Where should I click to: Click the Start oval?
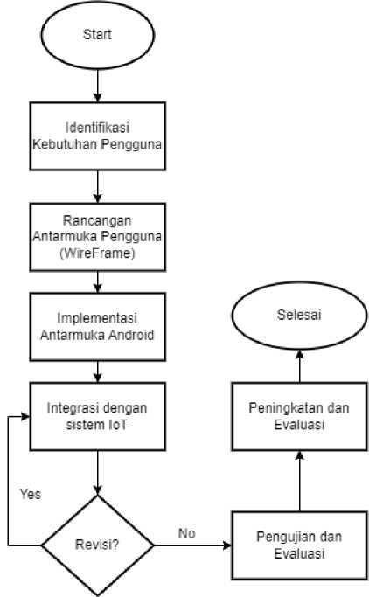(97, 35)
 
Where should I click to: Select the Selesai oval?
(299, 316)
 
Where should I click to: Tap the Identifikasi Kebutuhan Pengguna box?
(97, 136)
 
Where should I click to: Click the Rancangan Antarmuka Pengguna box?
(97, 237)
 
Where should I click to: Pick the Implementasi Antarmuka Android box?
(97, 327)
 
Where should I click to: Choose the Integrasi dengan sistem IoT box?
(97, 417)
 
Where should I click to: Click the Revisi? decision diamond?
(97, 545)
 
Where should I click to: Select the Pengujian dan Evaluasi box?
(299, 545)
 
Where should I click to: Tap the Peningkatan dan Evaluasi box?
(299, 417)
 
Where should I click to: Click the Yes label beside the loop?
(31, 494)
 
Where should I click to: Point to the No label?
(186, 533)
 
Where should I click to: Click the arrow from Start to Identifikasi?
(97, 86)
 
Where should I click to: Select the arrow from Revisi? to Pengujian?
(192, 545)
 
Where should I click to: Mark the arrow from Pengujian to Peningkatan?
(300, 482)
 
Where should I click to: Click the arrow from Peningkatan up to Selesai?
(300, 366)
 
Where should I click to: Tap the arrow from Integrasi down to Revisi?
(97, 473)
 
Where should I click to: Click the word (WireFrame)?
(97, 253)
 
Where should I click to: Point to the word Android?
(131, 335)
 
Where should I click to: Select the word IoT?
(117, 425)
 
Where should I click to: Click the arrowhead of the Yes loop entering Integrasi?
(26, 417)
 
